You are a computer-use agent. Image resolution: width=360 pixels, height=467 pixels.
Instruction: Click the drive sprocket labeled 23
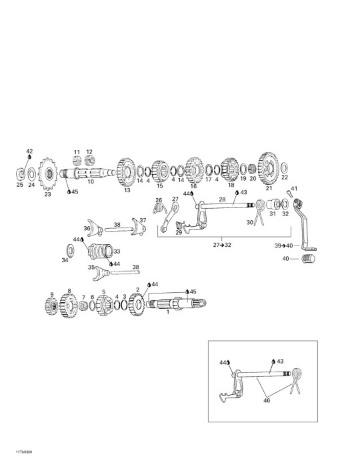coord(47,174)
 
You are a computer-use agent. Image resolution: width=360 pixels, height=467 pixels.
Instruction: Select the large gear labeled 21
coord(269,169)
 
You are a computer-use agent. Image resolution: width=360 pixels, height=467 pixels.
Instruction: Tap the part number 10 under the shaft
coord(91,181)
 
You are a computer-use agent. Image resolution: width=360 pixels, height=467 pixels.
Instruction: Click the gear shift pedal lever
coord(303,225)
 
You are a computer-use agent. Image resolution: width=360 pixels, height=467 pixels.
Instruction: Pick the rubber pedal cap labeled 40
coord(308,259)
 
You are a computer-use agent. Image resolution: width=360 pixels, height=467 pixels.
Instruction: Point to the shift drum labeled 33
coord(101,252)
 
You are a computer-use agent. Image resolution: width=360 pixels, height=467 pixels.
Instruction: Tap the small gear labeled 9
coord(51,306)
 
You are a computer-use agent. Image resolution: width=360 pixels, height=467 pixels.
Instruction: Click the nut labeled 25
coord(19,173)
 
